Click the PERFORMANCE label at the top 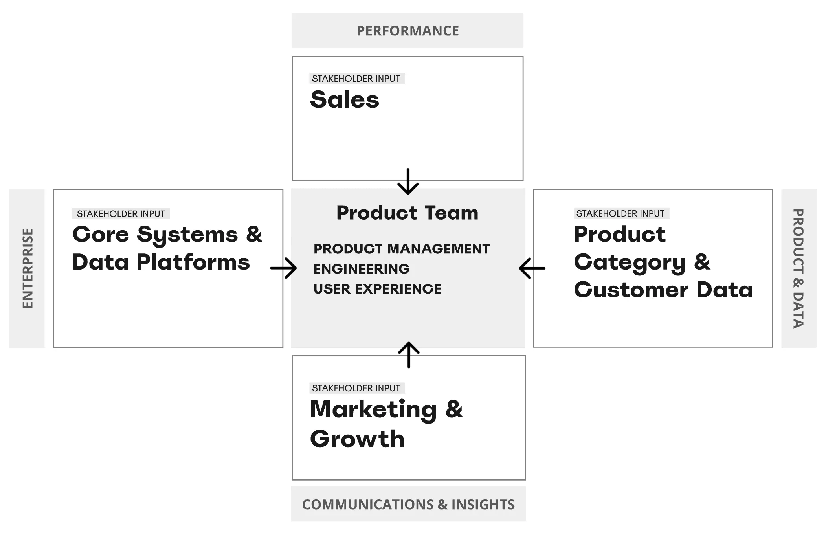(x=407, y=31)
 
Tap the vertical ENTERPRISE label (x=27, y=268)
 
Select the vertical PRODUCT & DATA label (x=798, y=268)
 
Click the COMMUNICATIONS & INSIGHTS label (x=408, y=504)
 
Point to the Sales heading (x=345, y=99)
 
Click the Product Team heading (x=407, y=213)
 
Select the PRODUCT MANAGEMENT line (x=401, y=249)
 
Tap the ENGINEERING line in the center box (x=361, y=269)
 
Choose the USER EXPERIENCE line (x=377, y=289)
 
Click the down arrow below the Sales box (x=408, y=182)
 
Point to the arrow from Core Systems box (x=283, y=268)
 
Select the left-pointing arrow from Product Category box (x=532, y=268)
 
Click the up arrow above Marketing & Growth (x=409, y=355)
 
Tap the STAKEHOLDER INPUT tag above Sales (x=356, y=79)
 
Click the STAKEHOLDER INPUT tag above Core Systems (x=121, y=214)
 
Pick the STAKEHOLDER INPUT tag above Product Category (x=620, y=213)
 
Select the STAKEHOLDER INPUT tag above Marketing (x=356, y=388)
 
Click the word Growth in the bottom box (x=357, y=439)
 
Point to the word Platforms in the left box (x=193, y=262)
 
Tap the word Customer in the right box (x=631, y=290)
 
